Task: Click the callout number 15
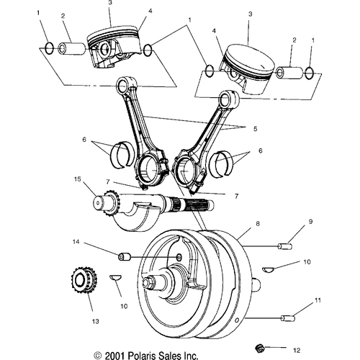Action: click(x=78, y=179)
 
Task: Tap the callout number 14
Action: click(x=76, y=242)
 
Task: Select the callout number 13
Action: click(x=96, y=321)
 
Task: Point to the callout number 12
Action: click(x=297, y=351)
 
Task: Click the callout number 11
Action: click(x=318, y=300)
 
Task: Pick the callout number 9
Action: click(x=310, y=222)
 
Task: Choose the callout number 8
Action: click(x=258, y=224)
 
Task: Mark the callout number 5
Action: click(x=255, y=129)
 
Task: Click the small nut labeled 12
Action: click(x=259, y=347)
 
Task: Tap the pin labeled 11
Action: click(x=287, y=318)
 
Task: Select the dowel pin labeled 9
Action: click(x=285, y=246)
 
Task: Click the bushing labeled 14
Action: click(x=124, y=257)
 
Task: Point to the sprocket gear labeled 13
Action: click(x=84, y=279)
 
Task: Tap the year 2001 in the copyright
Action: click(x=115, y=356)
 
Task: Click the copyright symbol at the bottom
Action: click(x=98, y=356)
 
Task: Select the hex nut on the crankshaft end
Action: click(x=147, y=283)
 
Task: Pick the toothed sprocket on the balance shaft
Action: click(x=111, y=204)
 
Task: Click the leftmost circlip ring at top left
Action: click(x=50, y=48)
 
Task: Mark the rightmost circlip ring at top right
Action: click(x=310, y=73)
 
